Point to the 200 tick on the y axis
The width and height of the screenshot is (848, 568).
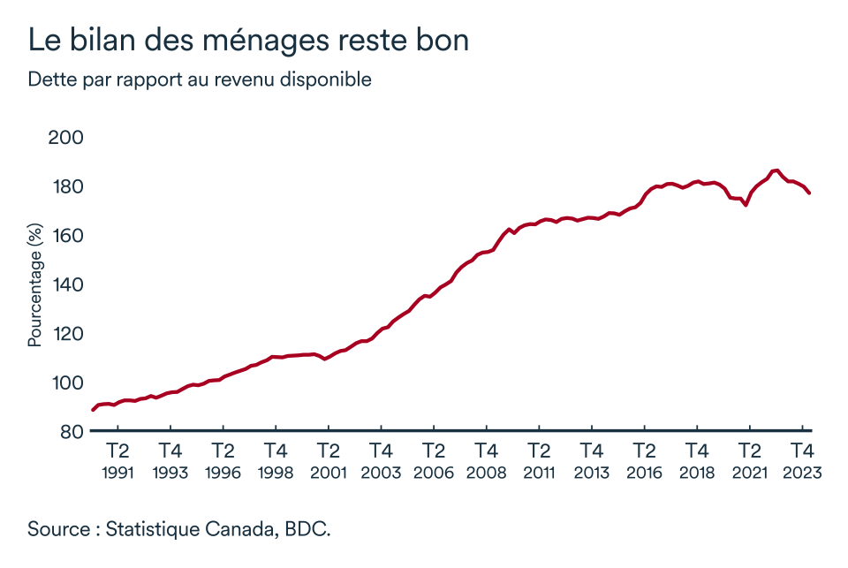(66, 138)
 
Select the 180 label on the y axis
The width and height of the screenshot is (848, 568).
(66, 187)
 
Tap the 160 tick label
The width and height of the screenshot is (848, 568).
(66, 236)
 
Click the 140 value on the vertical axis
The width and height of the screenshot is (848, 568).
(66, 284)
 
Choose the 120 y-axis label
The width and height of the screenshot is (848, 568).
(66, 334)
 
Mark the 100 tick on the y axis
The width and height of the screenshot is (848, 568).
(66, 382)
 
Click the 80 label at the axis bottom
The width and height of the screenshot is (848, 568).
(72, 431)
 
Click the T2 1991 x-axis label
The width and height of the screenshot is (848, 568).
(117, 460)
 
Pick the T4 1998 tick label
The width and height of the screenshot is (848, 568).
(276, 460)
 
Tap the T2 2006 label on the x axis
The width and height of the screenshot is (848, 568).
(434, 460)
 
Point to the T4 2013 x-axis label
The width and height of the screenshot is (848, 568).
(591, 460)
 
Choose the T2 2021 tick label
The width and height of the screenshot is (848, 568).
(749, 460)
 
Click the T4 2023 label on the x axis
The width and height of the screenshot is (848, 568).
(802, 460)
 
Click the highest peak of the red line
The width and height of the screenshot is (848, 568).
(776, 170)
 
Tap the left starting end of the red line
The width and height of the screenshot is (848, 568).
(93, 410)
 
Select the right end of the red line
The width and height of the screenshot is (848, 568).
(810, 193)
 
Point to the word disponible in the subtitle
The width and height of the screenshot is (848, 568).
(327, 80)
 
